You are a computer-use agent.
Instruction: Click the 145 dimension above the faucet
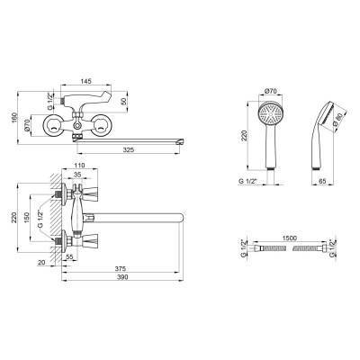pos(85,81)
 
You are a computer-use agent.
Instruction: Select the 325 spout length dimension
pos(128,149)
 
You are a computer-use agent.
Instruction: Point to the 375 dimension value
pos(121,268)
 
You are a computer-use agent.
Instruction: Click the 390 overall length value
pos(122,277)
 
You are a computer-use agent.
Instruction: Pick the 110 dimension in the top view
pos(79,165)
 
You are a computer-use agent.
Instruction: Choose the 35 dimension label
pos(77,174)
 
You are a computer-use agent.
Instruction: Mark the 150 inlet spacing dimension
pos(27,218)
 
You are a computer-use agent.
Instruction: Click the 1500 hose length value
pos(290,238)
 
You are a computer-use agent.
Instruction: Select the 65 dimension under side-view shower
pos(322,181)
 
